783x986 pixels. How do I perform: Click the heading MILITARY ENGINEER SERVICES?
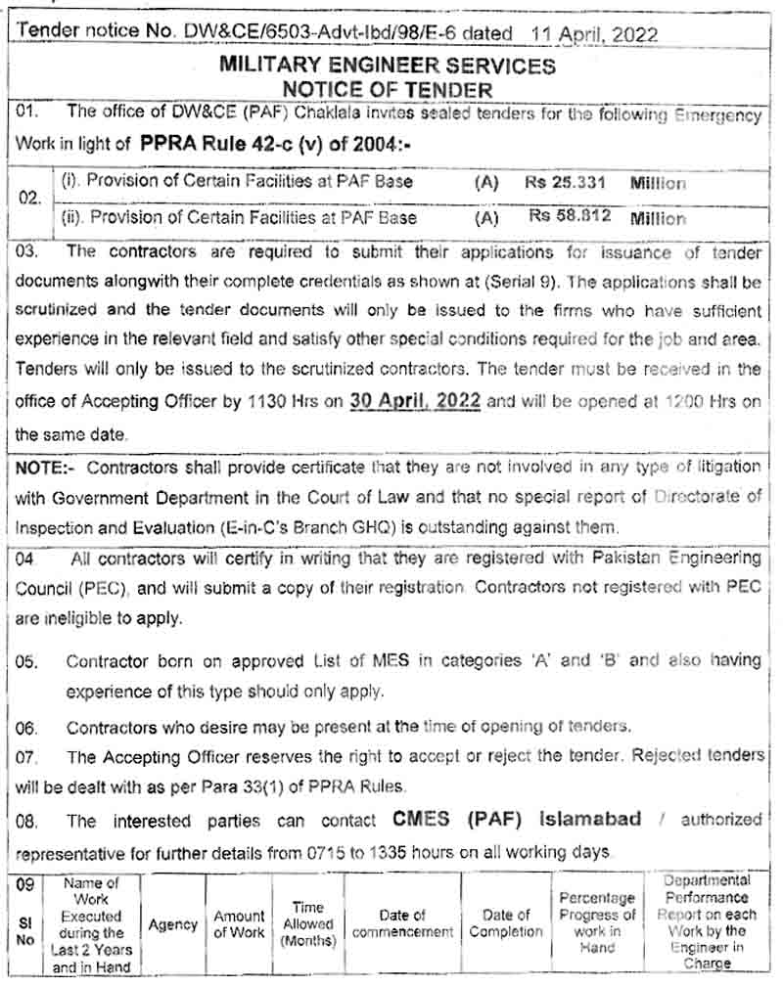[388, 67]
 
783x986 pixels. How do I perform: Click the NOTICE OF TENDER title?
[389, 90]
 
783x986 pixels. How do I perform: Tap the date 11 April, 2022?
[594, 33]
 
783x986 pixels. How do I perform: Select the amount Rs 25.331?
[566, 183]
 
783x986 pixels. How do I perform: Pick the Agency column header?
[173, 924]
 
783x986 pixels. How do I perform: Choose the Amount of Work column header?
[240, 924]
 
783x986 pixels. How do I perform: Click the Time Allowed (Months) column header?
[308, 924]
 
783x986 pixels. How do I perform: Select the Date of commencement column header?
[402, 924]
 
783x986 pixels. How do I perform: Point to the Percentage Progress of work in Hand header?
[597, 922]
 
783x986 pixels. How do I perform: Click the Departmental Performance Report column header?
[707, 922]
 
